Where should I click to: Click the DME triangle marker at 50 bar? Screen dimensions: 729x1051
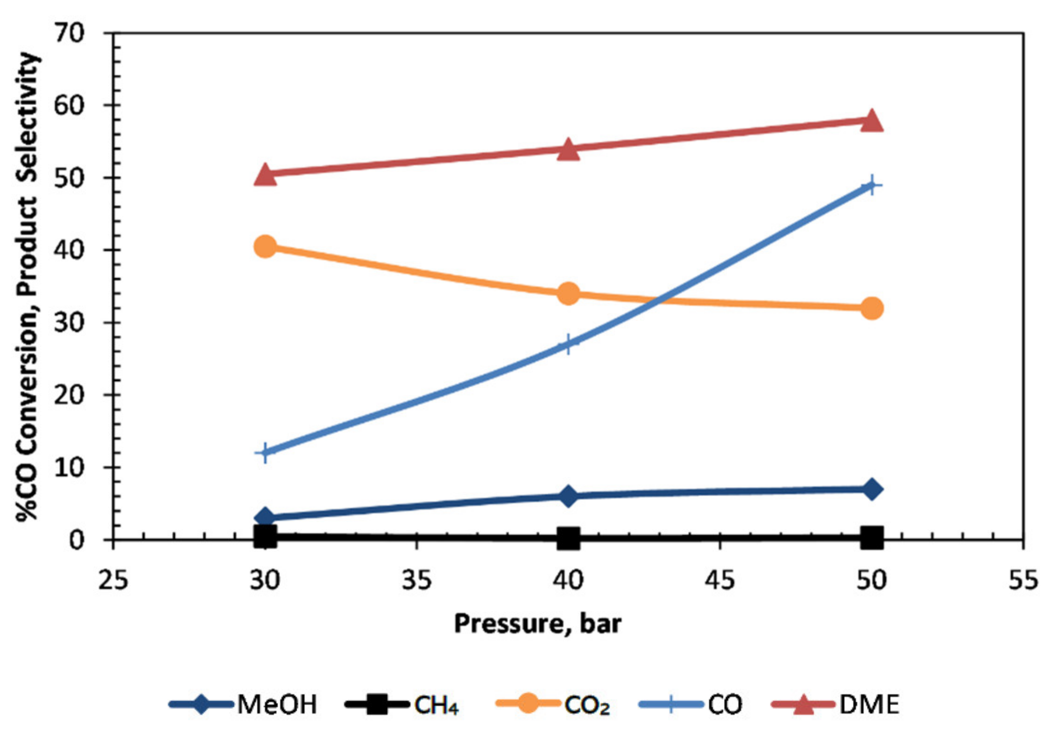(871, 122)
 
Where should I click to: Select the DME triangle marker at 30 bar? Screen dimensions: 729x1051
(265, 175)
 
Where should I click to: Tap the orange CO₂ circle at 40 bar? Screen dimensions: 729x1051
(568, 293)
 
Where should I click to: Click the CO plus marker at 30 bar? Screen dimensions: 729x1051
(265, 452)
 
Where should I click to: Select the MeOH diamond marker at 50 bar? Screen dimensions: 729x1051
(871, 489)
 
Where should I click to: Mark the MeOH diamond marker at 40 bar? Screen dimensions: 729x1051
(568, 496)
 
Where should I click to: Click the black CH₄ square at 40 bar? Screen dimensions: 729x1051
(568, 539)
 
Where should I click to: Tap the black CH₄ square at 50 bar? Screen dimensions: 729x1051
(871, 538)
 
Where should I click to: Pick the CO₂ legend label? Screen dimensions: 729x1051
(587, 705)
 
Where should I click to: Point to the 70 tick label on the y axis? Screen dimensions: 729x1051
(69, 34)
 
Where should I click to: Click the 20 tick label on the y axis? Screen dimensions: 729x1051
(69, 395)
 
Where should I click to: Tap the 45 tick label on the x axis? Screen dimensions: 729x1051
(720, 580)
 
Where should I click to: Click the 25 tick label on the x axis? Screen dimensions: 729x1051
(113, 580)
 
